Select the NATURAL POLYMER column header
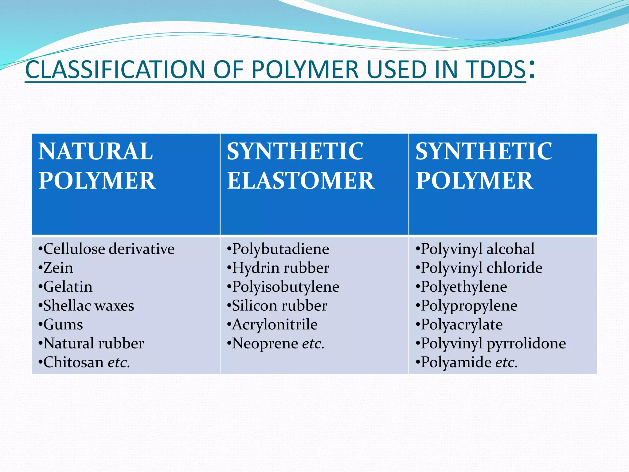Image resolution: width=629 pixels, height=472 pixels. click(x=97, y=166)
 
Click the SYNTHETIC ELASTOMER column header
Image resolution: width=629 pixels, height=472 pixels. click(x=301, y=166)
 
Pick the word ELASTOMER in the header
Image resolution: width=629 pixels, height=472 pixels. click(x=301, y=181)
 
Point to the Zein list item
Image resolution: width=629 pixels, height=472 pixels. click(x=58, y=268)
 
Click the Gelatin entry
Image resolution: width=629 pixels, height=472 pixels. click(x=68, y=287)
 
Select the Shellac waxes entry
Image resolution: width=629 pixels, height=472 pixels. click(x=88, y=306)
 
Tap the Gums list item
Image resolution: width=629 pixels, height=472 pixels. click(x=63, y=324)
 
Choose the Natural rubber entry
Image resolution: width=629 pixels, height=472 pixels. click(x=93, y=343)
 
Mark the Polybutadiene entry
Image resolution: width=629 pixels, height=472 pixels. click(x=280, y=249)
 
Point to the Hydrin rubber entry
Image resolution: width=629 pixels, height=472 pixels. click(x=280, y=268)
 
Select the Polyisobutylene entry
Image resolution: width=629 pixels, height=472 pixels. click(x=286, y=287)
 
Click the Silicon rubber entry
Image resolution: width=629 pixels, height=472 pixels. click(x=279, y=306)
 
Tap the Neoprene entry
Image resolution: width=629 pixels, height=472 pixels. click(x=265, y=343)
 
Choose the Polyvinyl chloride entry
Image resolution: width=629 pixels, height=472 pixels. click(x=481, y=268)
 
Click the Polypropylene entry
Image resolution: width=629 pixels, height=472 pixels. click(x=469, y=306)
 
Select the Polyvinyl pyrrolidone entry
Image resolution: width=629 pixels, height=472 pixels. click(x=493, y=343)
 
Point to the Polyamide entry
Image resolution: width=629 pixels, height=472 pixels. click(x=458, y=362)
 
